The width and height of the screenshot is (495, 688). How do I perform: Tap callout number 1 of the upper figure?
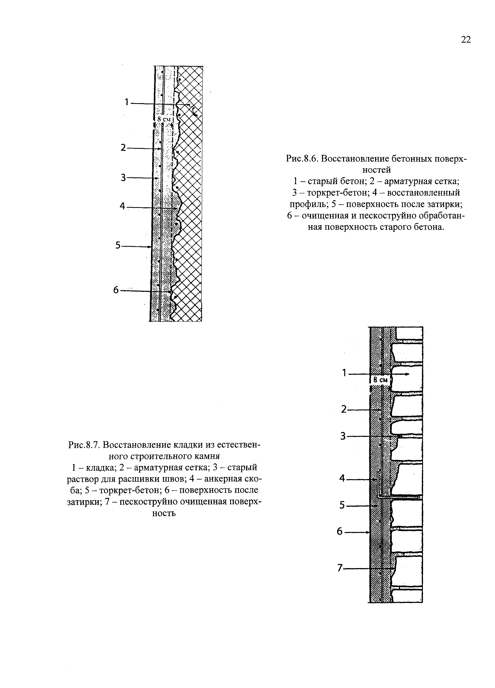[x=127, y=102]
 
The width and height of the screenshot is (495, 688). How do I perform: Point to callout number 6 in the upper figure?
[x=116, y=290]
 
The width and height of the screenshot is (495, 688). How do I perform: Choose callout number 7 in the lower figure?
[x=340, y=568]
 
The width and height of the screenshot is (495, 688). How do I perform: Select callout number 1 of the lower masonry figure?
[x=344, y=373]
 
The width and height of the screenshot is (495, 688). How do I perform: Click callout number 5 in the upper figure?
[x=118, y=245]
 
